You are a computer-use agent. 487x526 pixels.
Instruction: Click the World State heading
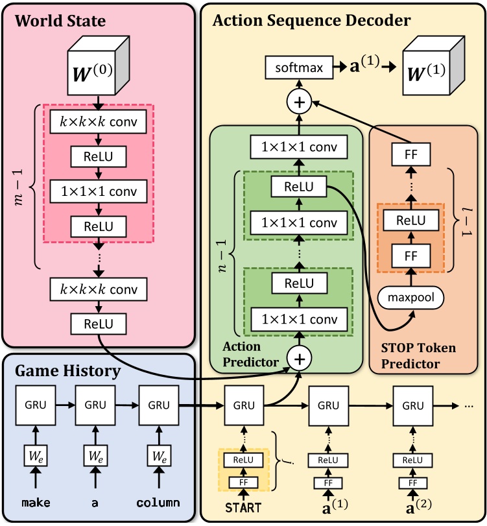point(61,21)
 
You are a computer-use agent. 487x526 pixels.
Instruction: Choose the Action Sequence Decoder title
point(311,20)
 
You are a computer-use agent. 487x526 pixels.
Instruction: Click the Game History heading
point(68,371)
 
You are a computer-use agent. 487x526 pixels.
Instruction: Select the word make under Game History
point(36,503)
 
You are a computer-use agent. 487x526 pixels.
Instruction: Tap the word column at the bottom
point(159,503)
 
